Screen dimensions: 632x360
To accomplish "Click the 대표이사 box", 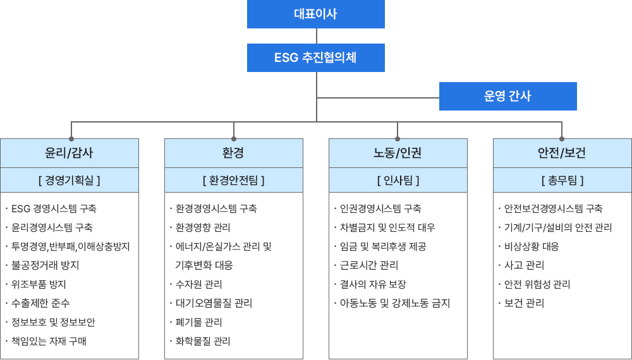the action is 315,14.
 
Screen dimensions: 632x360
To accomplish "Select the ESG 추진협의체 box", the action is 315,58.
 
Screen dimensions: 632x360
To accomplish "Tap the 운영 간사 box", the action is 508,96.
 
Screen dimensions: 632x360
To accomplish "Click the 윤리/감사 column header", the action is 70,153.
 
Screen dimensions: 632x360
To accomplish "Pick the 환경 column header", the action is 234,153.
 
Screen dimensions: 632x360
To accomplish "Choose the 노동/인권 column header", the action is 398,153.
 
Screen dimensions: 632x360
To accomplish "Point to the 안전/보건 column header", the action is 562,153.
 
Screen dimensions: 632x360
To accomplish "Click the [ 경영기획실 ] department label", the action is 70,180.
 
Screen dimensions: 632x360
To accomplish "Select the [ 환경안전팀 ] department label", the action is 234,180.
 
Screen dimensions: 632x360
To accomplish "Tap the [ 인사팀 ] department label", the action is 398,180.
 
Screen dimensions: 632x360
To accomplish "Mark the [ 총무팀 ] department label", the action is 562,180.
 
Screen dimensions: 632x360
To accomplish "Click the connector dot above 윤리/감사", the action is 71,139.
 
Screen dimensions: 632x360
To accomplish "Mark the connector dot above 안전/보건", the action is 562,139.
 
